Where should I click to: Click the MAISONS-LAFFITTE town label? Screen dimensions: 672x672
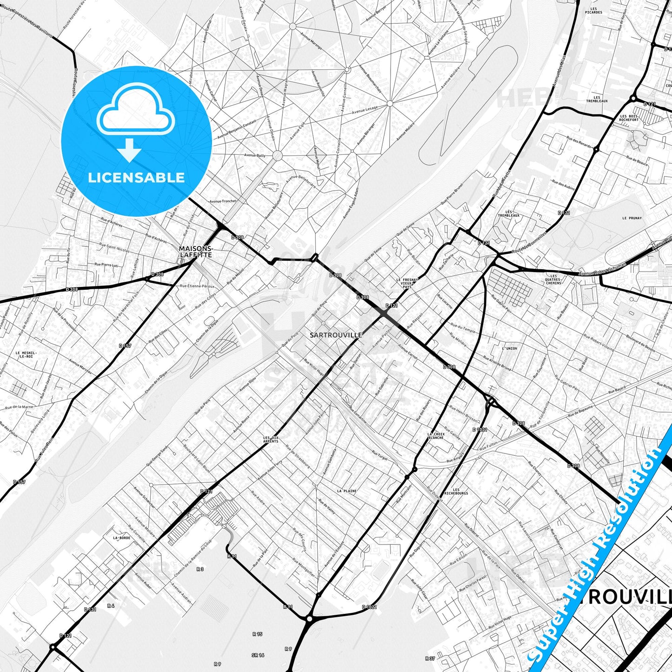196,252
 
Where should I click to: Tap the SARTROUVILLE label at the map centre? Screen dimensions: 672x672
335,335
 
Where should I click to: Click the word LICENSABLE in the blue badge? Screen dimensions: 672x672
136,178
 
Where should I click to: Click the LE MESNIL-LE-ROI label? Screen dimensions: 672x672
26,354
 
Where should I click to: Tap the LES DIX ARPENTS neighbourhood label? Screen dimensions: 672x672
271,439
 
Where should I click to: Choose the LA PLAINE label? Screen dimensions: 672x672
346,491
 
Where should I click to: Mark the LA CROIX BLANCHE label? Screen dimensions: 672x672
436,436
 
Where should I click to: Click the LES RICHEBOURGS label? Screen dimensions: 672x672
456,492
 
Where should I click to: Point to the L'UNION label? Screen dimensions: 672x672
509,348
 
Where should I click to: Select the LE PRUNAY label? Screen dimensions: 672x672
632,218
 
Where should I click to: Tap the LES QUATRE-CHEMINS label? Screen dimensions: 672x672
553,279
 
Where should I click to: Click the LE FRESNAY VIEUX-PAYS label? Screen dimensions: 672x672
407,283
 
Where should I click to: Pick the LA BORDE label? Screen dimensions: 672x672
121,538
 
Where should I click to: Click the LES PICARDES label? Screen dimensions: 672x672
594,11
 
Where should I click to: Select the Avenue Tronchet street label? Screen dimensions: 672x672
223,201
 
